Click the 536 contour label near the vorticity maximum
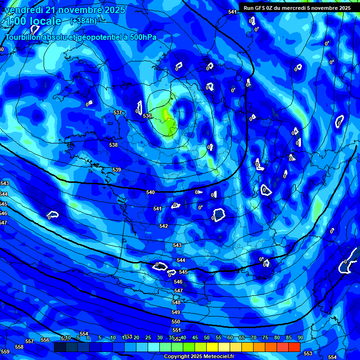pyautogui.click(x=147, y=116)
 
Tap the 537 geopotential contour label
pyautogui.click(x=118, y=112)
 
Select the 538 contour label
pyautogui.click(x=113, y=145)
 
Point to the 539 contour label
pyautogui.click(x=117, y=170)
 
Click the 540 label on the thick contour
pyautogui.click(x=150, y=192)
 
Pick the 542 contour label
pyautogui.click(x=163, y=226)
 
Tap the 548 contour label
pyautogui.click(x=176, y=302)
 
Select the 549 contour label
pyautogui.click(x=176, y=312)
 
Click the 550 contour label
pyautogui.click(x=176, y=322)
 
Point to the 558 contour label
pyautogui.click(x=19, y=347)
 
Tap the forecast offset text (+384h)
pyautogui.click(x=83, y=21)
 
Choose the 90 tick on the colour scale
pyautogui.click(x=300, y=337)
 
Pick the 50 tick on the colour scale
pyautogui.click(x=206, y=337)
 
